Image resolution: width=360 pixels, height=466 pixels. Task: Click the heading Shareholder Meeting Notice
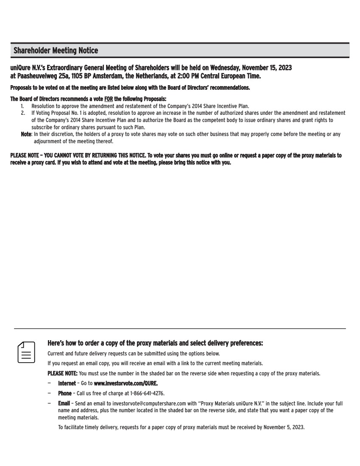[56, 51]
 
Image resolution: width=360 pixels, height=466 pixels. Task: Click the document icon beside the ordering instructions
[26, 352]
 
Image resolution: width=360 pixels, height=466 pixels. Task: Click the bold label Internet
[67, 383]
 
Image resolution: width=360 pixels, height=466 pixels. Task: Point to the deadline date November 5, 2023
[284, 427]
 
